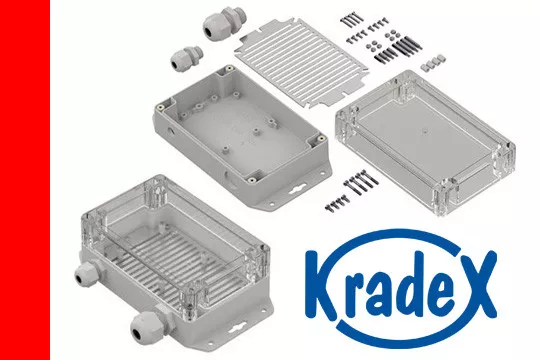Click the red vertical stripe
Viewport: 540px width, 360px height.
tap(25, 180)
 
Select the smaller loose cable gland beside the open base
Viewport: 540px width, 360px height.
tap(187, 60)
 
